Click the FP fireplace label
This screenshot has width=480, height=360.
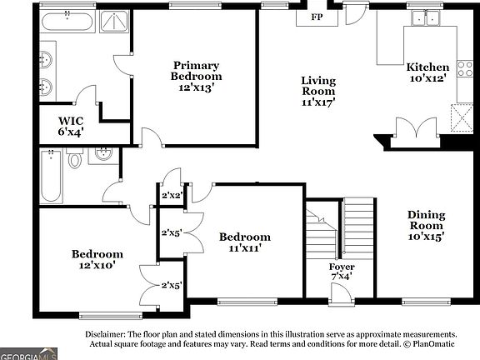[317, 17]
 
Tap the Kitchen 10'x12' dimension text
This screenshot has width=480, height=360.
[427, 78]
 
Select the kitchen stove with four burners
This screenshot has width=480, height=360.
[465, 68]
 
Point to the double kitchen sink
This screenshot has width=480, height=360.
[426, 17]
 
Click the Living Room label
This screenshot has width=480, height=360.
[318, 86]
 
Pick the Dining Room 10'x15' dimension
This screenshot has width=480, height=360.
[426, 237]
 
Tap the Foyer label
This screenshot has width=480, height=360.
[342, 267]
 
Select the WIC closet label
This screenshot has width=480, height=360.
[71, 121]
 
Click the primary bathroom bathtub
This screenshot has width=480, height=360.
[67, 21]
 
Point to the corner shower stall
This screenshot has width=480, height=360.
[115, 22]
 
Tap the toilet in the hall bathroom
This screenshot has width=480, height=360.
[74, 157]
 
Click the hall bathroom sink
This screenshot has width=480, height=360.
[103, 156]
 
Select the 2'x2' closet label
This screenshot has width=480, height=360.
[172, 195]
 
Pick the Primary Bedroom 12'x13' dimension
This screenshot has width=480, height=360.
[196, 87]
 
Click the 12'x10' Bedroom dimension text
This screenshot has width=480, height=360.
[97, 265]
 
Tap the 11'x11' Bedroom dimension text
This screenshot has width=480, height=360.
[245, 247]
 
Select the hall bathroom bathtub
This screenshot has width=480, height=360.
[51, 176]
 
